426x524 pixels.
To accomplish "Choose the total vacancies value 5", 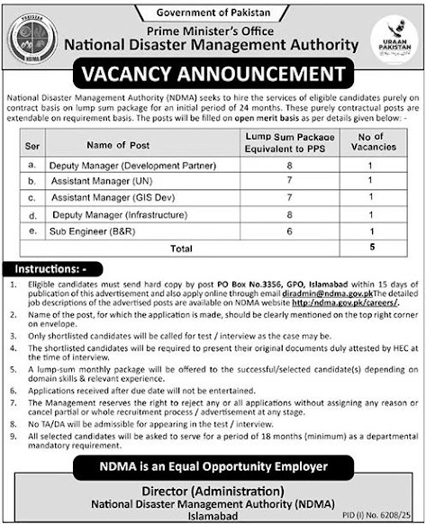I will pos(370,247).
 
